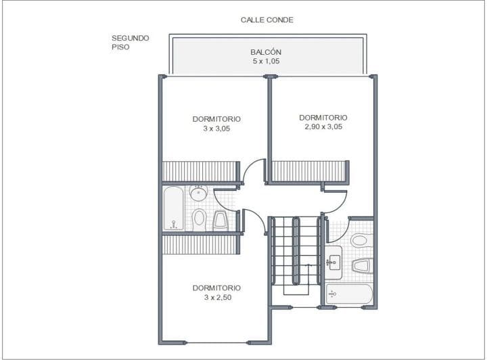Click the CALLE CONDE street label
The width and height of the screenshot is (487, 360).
coord(266,20)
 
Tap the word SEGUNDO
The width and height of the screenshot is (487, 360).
coord(131,38)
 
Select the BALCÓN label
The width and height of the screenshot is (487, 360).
coord(266,52)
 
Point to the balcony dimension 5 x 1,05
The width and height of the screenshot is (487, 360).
coord(266,61)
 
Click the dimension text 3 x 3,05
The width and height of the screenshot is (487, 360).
coord(216,129)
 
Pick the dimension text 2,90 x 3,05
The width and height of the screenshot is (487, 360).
coord(323,127)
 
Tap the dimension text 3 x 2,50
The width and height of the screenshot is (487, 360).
coord(218,297)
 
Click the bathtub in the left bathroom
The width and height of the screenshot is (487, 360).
coord(174,208)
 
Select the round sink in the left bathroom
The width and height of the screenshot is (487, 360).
coord(199,194)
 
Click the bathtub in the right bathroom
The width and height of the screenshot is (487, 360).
coord(349,294)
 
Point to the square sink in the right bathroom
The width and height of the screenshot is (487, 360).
coord(334,263)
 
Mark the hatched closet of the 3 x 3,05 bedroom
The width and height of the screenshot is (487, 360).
coord(200,171)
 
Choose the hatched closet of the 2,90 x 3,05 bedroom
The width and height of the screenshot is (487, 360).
coord(308,171)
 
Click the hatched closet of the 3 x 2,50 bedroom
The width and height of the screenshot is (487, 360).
coord(200,244)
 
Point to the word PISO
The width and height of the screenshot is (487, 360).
coord(120,47)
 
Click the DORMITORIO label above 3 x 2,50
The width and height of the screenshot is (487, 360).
coord(216,288)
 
